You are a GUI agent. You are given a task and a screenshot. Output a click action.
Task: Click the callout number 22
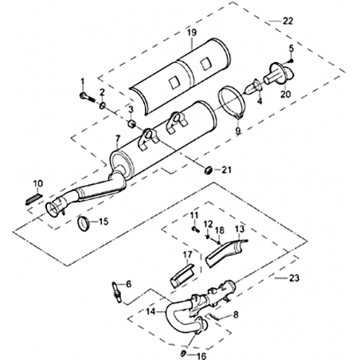pos(288,21)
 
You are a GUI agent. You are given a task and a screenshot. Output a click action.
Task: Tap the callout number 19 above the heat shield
pos(192,33)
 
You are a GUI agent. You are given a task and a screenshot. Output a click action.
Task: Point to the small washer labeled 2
pos(102,106)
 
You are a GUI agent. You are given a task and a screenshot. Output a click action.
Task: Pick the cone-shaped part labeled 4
pos(252,87)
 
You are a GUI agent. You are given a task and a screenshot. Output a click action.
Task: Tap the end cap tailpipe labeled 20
pos(279,73)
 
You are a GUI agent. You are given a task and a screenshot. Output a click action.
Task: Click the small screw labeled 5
pos(292,61)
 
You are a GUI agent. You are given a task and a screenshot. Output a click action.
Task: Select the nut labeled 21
pos(209,170)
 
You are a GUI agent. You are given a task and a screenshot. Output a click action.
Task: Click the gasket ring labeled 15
pos(84,222)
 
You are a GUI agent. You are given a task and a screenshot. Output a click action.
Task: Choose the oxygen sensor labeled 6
pos(117,292)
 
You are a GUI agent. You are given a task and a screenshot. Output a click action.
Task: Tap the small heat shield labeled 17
pos(183,276)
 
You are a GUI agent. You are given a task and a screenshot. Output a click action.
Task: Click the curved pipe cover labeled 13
pos(226,252)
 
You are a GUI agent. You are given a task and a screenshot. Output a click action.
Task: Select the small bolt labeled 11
pos(195,229)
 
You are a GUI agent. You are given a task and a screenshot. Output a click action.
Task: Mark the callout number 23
pos(294,278)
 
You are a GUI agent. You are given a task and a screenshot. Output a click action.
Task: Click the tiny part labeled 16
pos(183,353)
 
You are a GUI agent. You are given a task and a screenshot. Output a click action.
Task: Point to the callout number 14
pos(151,311)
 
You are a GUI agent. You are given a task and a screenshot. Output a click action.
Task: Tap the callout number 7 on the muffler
pos(118,139)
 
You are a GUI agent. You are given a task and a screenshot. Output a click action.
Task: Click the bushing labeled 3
pos(131,123)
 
